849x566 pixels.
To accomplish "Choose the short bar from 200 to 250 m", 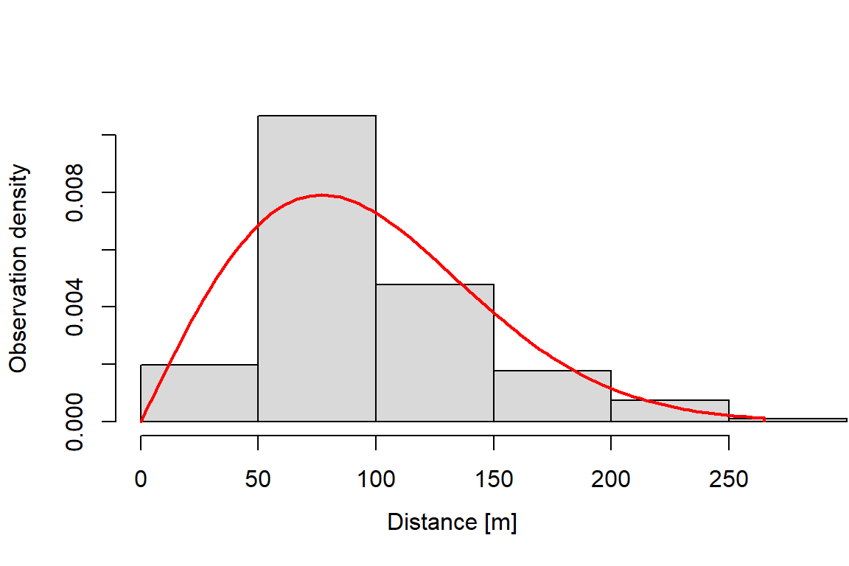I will click(670, 410).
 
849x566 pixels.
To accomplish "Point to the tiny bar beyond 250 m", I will click(788, 420).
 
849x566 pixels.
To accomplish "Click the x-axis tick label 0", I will click(141, 479).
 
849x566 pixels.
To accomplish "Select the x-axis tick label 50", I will click(258, 479).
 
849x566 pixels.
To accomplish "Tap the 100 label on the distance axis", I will click(376, 479).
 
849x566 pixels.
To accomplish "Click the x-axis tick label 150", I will click(494, 479).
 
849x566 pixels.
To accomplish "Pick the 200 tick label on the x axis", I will click(611, 479).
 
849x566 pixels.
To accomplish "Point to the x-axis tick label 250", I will click(729, 479).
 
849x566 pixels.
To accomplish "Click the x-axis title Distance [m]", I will click(452, 523).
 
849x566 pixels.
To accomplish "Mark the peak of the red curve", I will click(321, 195).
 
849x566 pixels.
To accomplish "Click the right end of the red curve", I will click(764, 419).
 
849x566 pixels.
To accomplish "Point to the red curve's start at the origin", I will click(141, 421).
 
